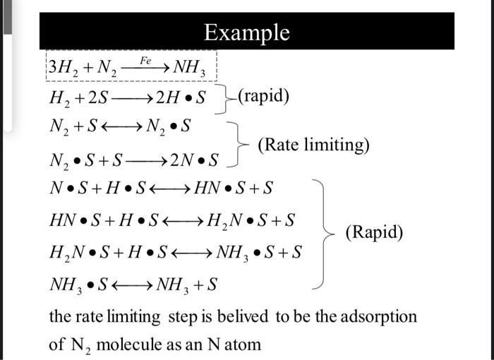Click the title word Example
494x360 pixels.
[x=246, y=32]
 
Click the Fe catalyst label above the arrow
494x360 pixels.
[x=145, y=61]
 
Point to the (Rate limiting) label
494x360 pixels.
[x=313, y=145]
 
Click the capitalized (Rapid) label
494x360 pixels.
[x=374, y=232]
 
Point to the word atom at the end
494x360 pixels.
[x=243, y=344]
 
